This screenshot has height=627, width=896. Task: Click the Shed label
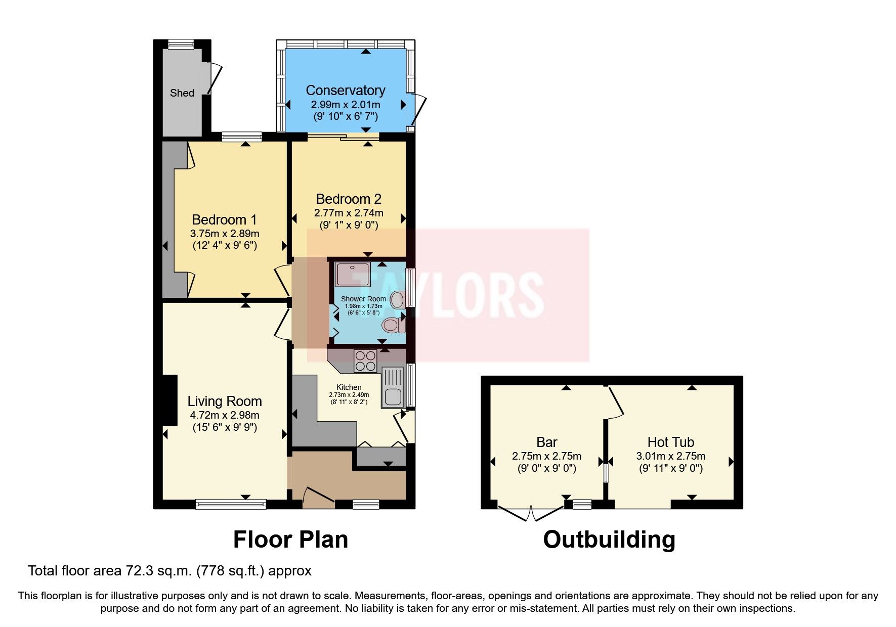(x=182, y=93)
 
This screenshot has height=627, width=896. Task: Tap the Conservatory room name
(x=346, y=91)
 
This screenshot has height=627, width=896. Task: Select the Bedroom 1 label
(x=225, y=220)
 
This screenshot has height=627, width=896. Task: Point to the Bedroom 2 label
(x=349, y=199)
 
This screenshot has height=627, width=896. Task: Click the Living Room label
(x=225, y=401)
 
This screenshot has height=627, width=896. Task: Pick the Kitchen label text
(x=349, y=387)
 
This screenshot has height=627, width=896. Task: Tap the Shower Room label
(x=363, y=299)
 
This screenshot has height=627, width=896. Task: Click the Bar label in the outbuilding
(x=547, y=442)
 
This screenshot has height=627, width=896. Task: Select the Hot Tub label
(x=671, y=442)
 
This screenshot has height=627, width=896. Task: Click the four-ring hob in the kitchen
(x=366, y=361)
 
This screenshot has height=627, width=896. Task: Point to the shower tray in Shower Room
(x=353, y=274)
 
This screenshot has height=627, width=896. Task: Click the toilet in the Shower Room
(x=394, y=325)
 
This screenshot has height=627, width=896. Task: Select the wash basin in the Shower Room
(x=398, y=300)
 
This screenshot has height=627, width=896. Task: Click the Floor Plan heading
(x=290, y=540)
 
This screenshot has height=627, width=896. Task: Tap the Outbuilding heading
(x=609, y=540)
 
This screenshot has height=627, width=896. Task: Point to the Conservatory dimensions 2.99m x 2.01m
(x=346, y=105)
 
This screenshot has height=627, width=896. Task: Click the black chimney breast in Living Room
(x=169, y=400)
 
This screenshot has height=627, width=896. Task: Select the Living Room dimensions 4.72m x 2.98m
(x=225, y=415)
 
